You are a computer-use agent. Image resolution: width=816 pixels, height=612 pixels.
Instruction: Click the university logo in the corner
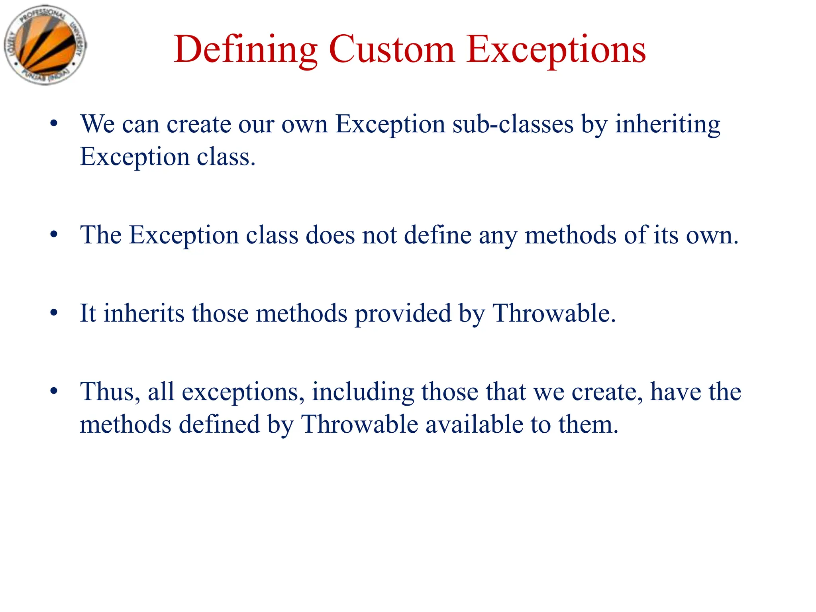(45, 45)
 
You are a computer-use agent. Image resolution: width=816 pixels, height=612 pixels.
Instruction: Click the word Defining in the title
(245, 49)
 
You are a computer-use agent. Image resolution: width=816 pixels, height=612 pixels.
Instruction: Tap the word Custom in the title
(391, 49)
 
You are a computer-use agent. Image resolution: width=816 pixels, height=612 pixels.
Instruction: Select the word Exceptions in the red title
(556, 49)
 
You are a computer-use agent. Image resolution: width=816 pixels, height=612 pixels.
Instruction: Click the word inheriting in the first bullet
(667, 125)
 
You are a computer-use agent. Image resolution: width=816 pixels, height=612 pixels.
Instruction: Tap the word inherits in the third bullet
(144, 313)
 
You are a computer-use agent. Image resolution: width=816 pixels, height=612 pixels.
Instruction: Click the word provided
(403, 314)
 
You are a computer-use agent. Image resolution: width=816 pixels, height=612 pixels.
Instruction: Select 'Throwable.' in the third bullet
(554, 313)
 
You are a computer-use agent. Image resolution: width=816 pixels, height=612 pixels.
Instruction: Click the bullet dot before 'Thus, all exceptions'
(54, 391)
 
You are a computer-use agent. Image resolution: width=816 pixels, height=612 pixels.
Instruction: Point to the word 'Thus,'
(110, 392)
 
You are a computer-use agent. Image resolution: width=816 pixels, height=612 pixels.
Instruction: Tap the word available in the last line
(474, 424)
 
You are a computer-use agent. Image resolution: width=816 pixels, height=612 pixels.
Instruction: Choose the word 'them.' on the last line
(588, 424)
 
